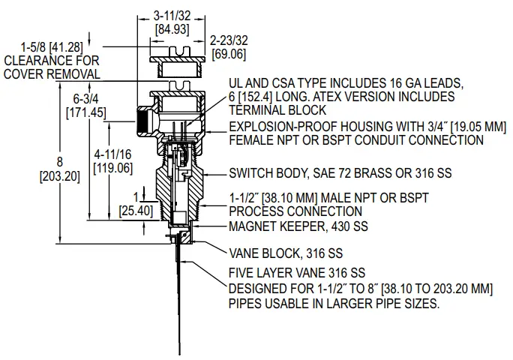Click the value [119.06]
pos(112,167)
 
